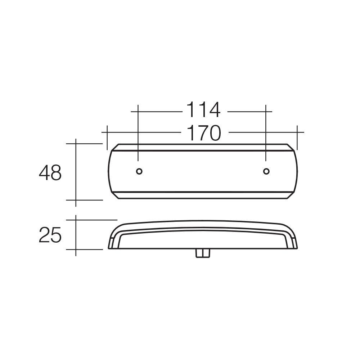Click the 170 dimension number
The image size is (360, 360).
(204, 133)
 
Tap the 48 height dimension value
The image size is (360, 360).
(50, 173)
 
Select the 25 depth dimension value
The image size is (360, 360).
(50, 235)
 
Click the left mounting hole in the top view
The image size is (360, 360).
(139, 171)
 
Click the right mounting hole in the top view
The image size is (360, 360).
(266, 171)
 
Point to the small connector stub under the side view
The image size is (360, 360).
(203, 253)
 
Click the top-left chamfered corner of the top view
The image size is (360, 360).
(114, 147)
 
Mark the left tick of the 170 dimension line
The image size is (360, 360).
(107, 132)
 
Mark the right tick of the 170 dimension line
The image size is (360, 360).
(297, 132)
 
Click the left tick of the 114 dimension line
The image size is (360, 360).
(138, 112)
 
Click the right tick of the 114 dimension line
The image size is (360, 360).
(266, 112)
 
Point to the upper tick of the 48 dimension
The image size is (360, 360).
(76, 143)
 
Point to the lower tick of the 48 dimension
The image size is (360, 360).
(76, 200)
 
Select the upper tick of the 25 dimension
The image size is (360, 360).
(76, 220)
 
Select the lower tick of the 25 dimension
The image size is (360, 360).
(76, 249)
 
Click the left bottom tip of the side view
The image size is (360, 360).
(109, 248)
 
